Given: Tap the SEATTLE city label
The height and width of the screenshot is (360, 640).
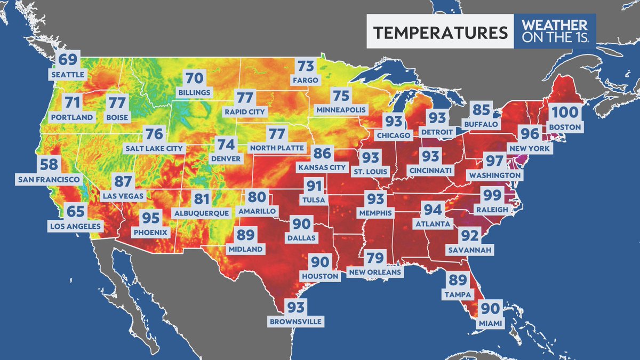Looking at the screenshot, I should (x=67, y=75).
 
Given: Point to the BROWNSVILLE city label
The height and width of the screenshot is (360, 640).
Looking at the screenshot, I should (x=296, y=322).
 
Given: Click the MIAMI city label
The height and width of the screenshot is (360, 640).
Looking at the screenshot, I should (x=490, y=323).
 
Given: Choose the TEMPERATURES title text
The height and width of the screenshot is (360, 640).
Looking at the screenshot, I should (x=439, y=33).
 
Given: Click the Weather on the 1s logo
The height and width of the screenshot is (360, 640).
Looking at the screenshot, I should (x=554, y=31).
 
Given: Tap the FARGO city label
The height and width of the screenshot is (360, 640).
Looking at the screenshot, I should (x=306, y=81).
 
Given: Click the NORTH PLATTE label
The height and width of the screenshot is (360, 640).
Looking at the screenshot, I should (x=277, y=148).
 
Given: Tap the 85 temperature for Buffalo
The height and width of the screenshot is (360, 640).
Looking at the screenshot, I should (x=481, y=110).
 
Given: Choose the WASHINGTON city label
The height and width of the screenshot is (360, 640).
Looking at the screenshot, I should (x=494, y=175).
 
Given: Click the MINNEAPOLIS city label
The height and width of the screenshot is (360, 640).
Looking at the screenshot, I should (x=341, y=110).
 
